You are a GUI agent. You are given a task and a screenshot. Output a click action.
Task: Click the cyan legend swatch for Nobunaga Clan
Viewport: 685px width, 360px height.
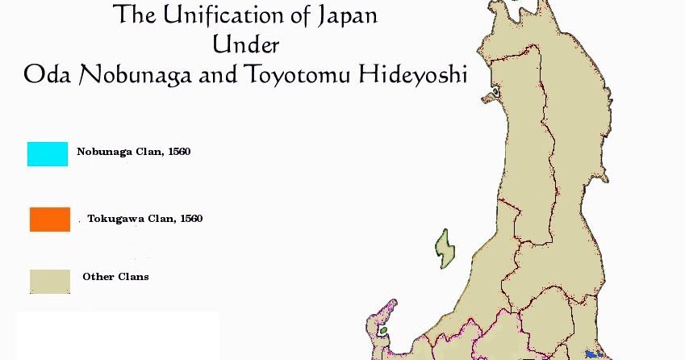(48, 154)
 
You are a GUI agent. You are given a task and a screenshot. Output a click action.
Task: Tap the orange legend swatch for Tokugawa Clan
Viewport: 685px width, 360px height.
(50, 220)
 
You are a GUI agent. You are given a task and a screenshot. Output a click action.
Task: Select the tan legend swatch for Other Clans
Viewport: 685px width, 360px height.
(50, 281)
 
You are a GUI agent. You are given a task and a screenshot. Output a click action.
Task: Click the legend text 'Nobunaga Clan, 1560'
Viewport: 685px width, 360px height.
(133, 151)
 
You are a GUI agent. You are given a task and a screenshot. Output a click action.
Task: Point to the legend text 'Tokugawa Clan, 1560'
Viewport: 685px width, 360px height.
(144, 218)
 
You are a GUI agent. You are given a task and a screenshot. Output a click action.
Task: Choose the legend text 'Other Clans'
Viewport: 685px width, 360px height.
(115, 277)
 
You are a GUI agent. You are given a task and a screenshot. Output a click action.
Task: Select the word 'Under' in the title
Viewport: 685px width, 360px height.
(246, 44)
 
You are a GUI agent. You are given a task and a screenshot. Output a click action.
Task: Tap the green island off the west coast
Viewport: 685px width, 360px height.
(443, 248)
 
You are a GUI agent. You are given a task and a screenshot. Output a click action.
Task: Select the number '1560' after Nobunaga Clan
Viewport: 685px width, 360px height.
(178, 151)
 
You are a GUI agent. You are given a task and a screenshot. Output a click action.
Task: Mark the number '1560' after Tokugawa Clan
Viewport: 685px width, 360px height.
(190, 218)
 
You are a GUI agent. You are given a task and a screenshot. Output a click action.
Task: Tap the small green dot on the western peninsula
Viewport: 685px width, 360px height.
(383, 329)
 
